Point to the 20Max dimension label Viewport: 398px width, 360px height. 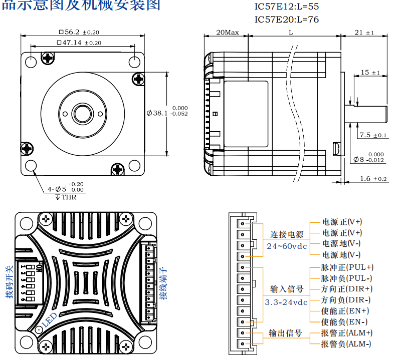[227, 32]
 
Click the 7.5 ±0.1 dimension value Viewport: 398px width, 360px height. [373, 135]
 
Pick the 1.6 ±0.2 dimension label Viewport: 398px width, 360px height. [373, 179]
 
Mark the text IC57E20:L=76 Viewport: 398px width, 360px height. [287, 19]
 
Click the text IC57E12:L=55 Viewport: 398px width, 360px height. [287, 7]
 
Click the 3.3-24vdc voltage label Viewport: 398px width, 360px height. [286, 302]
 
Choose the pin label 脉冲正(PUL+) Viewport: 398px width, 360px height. [347, 267]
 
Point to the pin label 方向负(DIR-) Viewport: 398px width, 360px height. [346, 300]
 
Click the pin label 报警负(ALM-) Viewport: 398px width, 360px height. [346, 343]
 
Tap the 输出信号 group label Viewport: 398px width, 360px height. [286, 333]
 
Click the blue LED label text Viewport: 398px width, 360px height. [50, 320]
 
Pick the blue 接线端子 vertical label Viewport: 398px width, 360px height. [163, 283]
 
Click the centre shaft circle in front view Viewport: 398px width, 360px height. [83, 113]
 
